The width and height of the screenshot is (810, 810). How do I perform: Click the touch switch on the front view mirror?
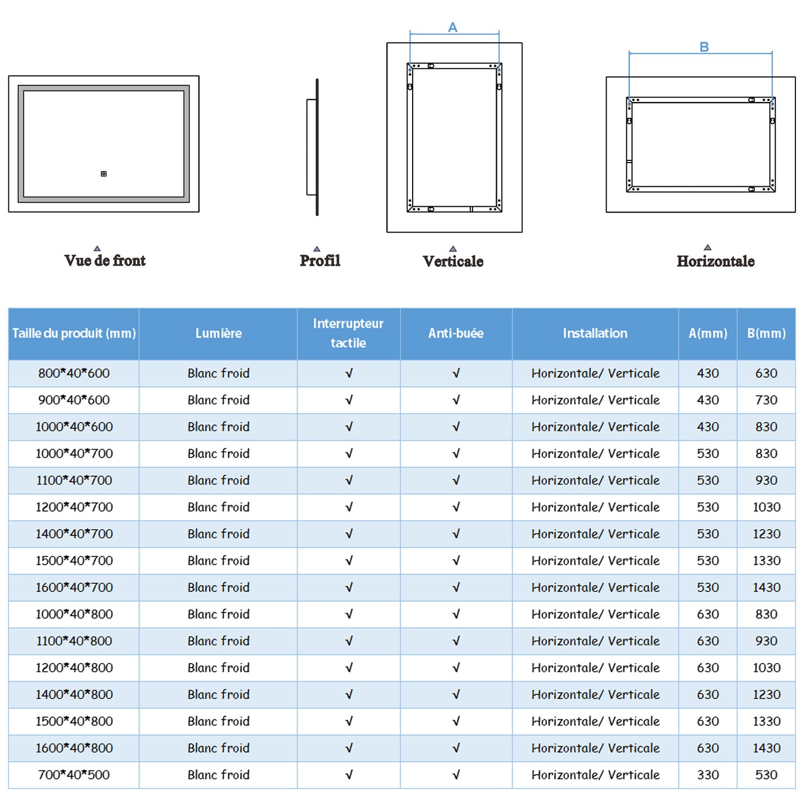tap(104, 174)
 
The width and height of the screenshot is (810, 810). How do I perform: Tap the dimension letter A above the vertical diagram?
tap(453, 27)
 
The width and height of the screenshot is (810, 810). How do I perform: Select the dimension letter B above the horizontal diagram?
tap(704, 47)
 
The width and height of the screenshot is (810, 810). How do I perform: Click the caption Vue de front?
tap(105, 261)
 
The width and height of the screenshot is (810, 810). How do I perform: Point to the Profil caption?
tap(320, 261)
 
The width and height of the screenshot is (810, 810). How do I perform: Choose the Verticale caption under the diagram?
tap(453, 261)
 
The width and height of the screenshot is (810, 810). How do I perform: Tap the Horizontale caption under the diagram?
tap(715, 261)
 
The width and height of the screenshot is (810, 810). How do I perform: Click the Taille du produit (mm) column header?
tap(74, 334)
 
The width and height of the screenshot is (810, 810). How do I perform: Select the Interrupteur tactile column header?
tap(348, 333)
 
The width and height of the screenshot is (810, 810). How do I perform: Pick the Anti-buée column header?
tap(456, 334)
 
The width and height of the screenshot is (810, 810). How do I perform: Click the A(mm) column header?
tap(707, 334)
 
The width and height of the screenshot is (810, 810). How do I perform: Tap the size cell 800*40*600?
tap(74, 373)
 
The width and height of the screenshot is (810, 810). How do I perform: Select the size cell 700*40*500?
tap(74, 775)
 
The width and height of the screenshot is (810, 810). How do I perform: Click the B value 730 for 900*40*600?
tap(766, 400)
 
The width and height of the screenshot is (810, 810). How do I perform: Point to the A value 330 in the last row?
tap(707, 775)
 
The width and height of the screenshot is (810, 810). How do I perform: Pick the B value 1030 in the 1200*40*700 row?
tap(766, 507)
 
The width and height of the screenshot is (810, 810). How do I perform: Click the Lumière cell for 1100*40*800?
tap(219, 641)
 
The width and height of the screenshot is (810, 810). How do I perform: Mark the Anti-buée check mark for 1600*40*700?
tap(456, 587)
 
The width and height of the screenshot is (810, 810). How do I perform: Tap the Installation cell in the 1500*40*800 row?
tap(595, 721)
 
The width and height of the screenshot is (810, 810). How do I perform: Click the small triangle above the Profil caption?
tap(317, 248)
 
